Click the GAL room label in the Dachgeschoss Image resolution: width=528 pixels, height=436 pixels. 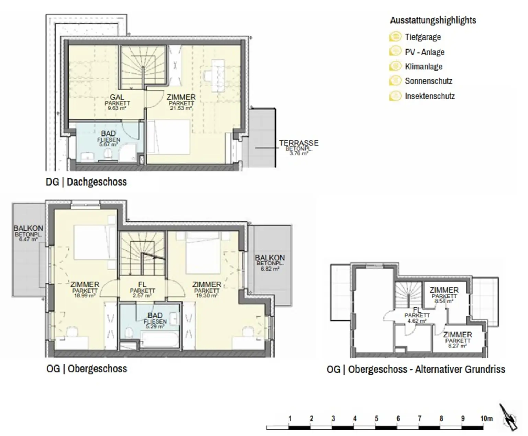pos(117,97)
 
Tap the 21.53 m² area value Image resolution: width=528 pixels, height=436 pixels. pos(181,108)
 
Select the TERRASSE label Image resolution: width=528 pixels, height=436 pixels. pos(299,143)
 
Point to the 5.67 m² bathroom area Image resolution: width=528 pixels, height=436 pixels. pos(109,145)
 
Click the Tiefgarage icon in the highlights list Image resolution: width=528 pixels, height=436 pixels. pos(396,37)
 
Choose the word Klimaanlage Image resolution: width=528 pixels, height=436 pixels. pos(423,66)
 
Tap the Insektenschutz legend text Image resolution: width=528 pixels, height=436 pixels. pos(430,96)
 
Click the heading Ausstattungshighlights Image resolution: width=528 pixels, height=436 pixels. pos(433,20)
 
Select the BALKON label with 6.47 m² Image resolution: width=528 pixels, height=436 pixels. pos(28,228)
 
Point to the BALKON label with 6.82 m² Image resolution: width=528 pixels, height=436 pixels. pos(270,258)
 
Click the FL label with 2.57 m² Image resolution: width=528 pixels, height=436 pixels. pos(142,285)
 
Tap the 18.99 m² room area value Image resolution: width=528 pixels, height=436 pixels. pos(85,295)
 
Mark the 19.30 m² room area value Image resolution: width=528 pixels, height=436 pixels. pos(207,295)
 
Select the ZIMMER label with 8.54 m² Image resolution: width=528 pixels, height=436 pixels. pos(444,290)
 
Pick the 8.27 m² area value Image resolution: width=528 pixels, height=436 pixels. pos(458,346)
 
